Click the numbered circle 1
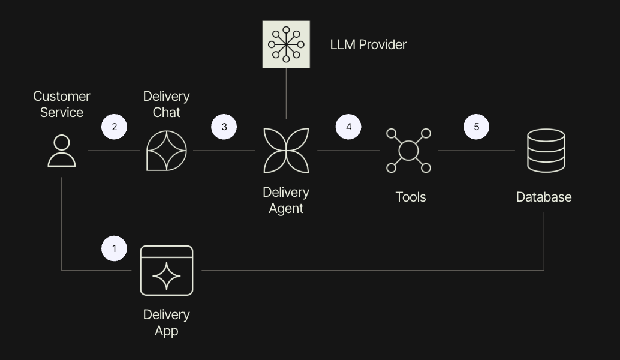click(114, 248)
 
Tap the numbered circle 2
click(114, 127)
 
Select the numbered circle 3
click(224, 127)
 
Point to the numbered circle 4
click(348, 127)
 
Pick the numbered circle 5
click(477, 127)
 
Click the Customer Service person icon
click(62, 151)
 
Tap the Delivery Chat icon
click(167, 151)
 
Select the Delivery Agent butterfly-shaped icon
click(286, 151)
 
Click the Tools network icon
click(408, 151)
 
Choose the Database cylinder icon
click(545, 151)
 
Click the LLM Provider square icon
click(286, 44)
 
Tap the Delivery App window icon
click(167, 271)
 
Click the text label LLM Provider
click(368, 44)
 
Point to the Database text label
click(544, 197)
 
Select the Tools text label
click(411, 197)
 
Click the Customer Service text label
click(62, 104)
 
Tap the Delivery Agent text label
click(286, 200)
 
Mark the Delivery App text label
click(167, 322)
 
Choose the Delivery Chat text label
click(167, 104)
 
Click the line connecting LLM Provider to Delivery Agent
click(286, 94)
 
